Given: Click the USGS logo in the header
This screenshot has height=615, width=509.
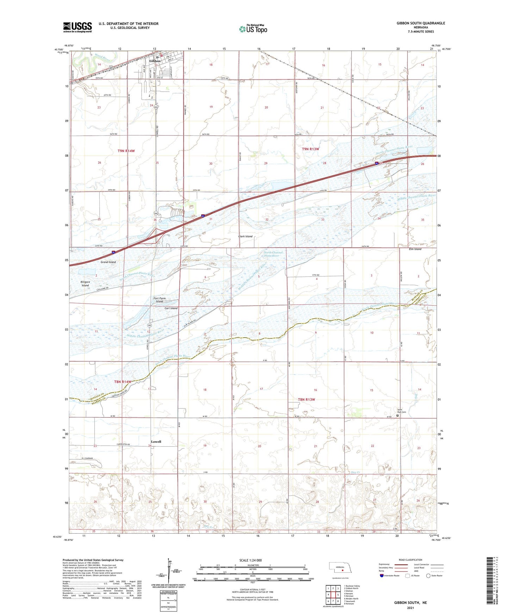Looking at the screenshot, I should coord(77,27).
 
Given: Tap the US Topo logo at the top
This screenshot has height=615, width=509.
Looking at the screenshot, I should coord(253,29).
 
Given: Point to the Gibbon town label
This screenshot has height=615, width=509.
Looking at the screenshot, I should coord(155,61).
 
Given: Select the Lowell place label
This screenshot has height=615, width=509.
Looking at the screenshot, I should coord(156,441).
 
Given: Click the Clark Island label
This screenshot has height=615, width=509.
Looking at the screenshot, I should coord(245,236).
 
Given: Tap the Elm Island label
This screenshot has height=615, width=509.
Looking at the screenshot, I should coord(415,249).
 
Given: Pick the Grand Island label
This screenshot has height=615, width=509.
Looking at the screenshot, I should coord(108,262).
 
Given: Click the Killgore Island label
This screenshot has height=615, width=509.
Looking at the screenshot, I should coord(85,284).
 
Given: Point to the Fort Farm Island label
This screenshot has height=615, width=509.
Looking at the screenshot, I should coord(160,300).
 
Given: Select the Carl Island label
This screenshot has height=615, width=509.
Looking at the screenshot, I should coord(171,308).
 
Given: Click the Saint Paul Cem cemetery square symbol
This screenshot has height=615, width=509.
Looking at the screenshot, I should coord(398,416).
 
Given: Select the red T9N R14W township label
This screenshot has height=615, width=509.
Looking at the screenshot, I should coord(126,151).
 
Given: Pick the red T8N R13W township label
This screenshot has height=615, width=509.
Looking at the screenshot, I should coord(306,399).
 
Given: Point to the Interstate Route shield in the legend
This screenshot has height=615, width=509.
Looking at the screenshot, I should coord(382,576).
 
